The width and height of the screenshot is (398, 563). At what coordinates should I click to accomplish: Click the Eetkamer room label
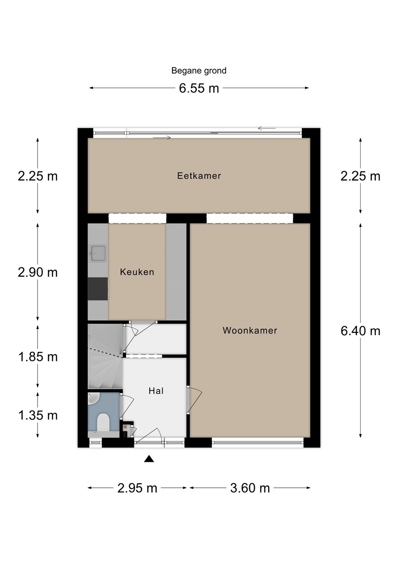(x=199, y=176)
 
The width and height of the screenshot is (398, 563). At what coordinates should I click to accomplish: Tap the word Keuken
(x=137, y=272)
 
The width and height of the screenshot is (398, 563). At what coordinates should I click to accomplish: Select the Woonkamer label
(x=250, y=330)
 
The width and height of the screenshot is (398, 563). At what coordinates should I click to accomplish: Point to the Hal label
(x=156, y=391)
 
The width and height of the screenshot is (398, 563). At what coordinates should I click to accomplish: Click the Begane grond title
(x=199, y=71)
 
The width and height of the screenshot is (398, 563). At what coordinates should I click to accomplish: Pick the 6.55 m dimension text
(x=199, y=88)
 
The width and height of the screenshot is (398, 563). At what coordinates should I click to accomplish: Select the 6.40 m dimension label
(x=360, y=331)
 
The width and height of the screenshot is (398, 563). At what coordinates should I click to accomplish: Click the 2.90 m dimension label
(x=38, y=273)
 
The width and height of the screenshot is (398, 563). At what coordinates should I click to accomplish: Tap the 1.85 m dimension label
(x=38, y=357)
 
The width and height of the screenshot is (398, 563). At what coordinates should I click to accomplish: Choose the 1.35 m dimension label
(x=38, y=416)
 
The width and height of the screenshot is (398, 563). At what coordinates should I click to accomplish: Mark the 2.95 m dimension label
(x=137, y=488)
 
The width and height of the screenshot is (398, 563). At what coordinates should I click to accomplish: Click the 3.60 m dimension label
(x=250, y=488)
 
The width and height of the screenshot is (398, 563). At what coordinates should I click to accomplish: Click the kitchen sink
(x=98, y=253)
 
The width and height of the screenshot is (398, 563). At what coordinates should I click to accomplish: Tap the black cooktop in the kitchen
(x=98, y=289)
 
